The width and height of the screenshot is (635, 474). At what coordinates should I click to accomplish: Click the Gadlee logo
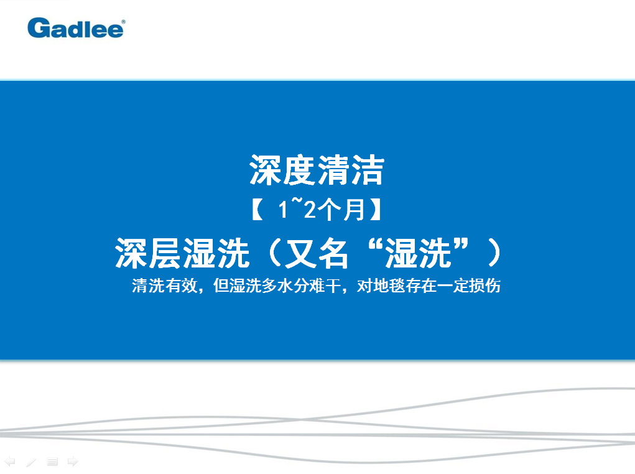(x=76, y=28)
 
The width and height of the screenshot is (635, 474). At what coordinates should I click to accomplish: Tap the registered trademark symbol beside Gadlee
(x=123, y=22)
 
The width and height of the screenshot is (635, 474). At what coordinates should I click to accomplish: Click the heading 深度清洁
(x=317, y=170)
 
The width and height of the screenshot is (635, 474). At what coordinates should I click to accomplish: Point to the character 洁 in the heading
(x=368, y=170)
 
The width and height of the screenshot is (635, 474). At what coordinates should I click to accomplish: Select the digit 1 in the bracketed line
(x=283, y=210)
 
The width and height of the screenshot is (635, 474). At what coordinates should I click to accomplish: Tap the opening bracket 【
(x=257, y=210)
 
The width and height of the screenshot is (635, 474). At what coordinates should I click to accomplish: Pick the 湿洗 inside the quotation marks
(x=418, y=253)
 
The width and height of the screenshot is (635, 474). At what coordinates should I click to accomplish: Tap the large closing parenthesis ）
(x=494, y=253)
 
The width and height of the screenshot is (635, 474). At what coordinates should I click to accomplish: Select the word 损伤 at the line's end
(x=484, y=286)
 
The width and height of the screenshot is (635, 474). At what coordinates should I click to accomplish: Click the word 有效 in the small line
(x=180, y=286)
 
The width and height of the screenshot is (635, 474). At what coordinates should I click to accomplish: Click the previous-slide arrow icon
(x=10, y=462)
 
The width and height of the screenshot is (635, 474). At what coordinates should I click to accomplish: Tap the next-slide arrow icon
(x=73, y=462)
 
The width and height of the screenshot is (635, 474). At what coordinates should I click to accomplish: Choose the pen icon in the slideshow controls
(x=31, y=462)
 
